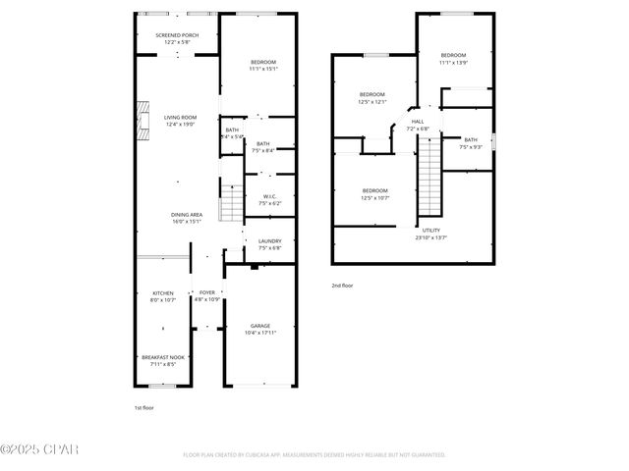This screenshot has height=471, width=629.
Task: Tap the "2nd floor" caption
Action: tap(342, 285)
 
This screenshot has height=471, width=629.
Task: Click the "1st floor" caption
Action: tap(143, 407)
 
